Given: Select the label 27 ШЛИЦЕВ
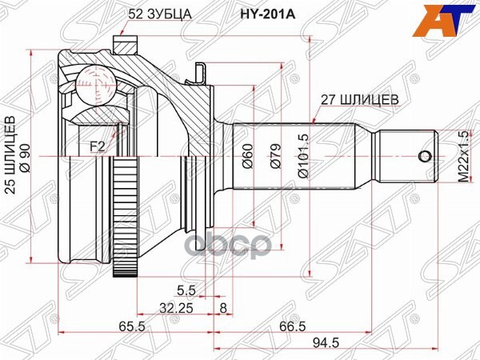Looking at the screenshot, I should [x=354, y=100].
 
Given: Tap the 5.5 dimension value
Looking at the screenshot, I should [x=186, y=290].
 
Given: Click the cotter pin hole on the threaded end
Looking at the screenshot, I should [x=422, y=155].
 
